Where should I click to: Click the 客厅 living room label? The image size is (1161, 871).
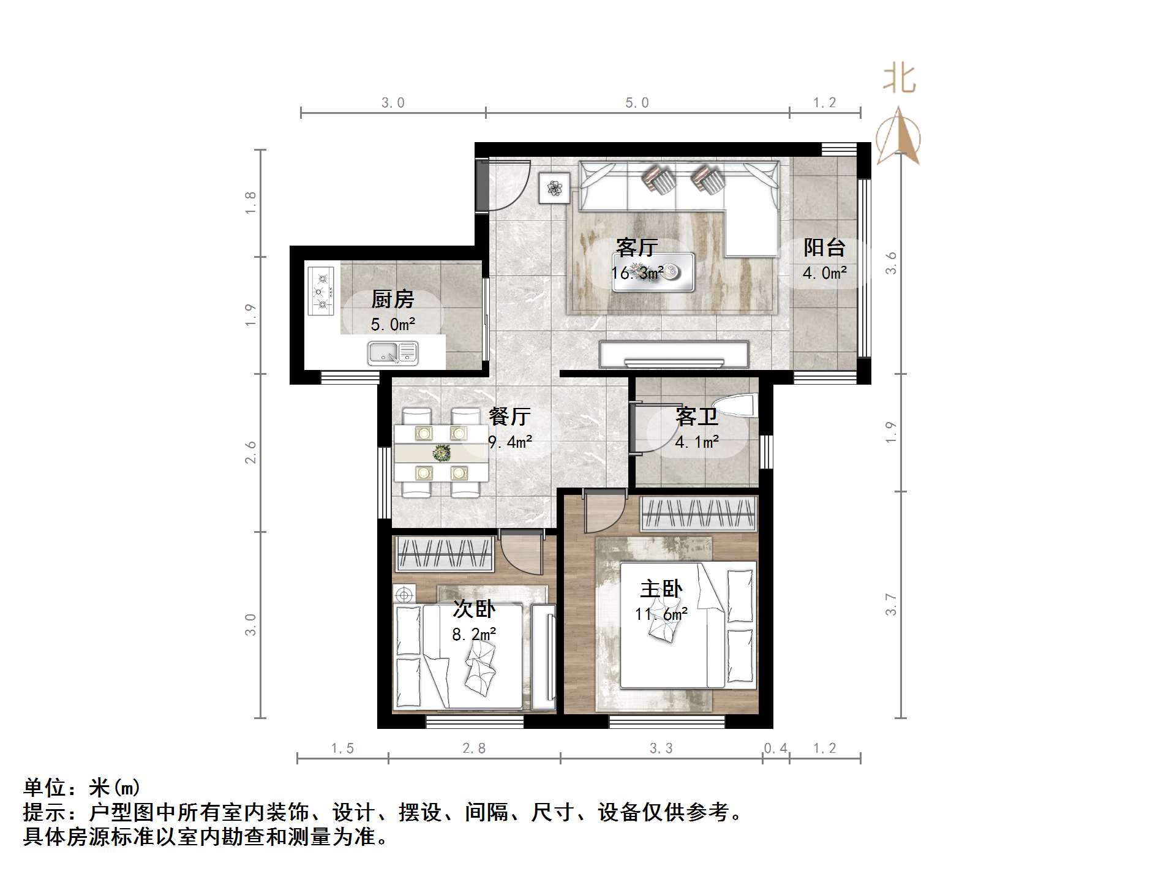[637, 248]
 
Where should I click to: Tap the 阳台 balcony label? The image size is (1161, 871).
[824, 248]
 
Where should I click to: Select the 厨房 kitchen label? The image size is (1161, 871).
[393, 300]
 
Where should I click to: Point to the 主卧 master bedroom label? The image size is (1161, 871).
[661, 589]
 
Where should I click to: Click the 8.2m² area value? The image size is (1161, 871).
[474, 635]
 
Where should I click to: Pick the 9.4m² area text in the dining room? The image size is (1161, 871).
[509, 442]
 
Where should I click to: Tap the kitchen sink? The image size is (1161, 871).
[393, 353]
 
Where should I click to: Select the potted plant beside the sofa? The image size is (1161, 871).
[555, 187]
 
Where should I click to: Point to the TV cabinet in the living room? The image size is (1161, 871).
[674, 354]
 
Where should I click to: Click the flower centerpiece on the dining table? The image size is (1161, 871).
[441, 453]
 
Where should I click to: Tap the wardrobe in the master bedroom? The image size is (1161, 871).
[699, 513]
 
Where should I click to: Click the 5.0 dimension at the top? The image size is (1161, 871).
[637, 103]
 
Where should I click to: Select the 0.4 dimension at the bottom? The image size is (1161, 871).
[776, 748]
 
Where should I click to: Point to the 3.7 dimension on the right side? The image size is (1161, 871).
[891, 604]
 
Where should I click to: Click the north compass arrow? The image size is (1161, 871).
[898, 136]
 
